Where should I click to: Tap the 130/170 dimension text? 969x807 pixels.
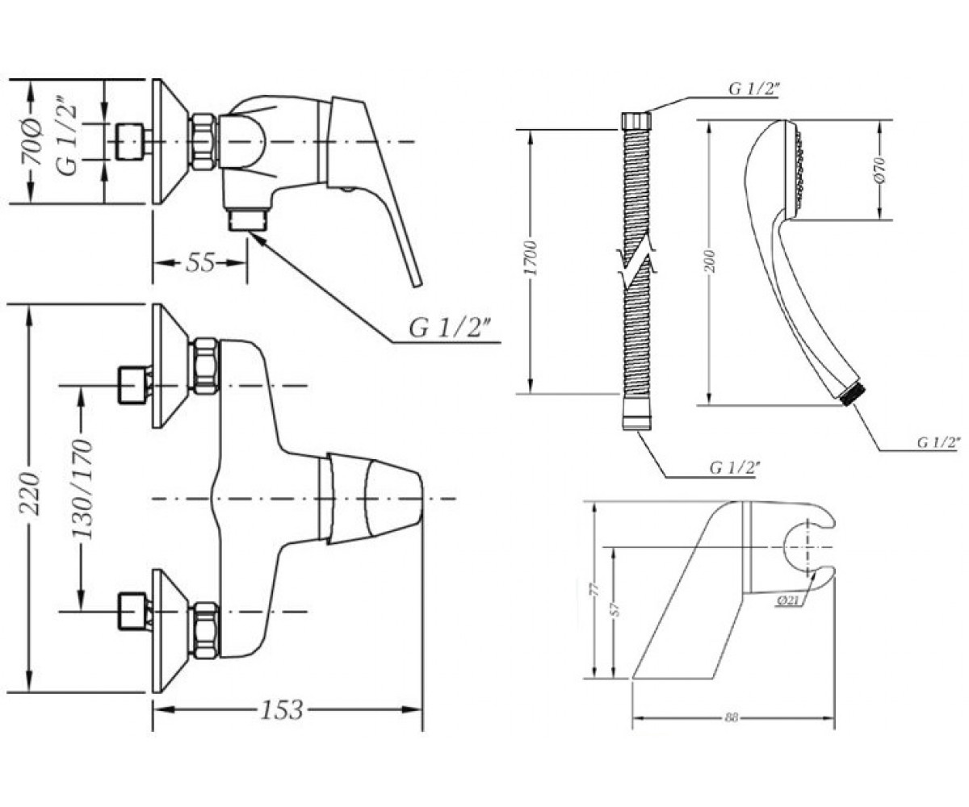(x=83, y=489)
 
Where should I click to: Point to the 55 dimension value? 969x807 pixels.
(x=200, y=262)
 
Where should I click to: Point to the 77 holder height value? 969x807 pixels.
(x=597, y=589)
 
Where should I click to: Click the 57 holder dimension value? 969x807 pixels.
(x=616, y=611)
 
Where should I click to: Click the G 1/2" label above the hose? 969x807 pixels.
(x=753, y=89)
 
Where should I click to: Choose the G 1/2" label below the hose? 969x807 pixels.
(x=735, y=468)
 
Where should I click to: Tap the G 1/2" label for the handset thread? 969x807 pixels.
(x=938, y=442)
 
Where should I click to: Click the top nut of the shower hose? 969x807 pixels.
(x=636, y=120)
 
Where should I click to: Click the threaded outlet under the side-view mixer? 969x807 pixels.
(x=248, y=220)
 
